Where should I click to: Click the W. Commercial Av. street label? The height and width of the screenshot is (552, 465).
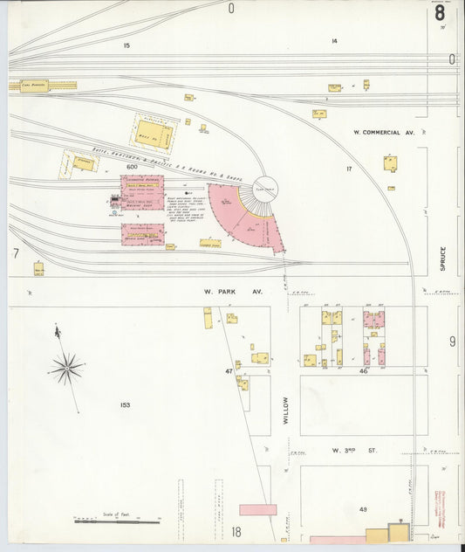click(383, 133)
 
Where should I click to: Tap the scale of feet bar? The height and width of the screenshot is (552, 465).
click(117, 522)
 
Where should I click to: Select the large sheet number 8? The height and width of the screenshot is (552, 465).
click(440, 13)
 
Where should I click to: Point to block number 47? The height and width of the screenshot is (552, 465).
click(229, 371)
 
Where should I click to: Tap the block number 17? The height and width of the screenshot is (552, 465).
click(348, 169)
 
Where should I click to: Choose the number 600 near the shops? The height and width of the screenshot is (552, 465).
click(133, 167)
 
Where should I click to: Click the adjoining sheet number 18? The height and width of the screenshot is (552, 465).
click(236, 531)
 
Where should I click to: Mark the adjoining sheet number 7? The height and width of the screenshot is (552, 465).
click(16, 253)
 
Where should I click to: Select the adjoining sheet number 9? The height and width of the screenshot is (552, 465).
click(452, 341)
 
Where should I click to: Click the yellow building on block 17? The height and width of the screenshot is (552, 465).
click(390, 163)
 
